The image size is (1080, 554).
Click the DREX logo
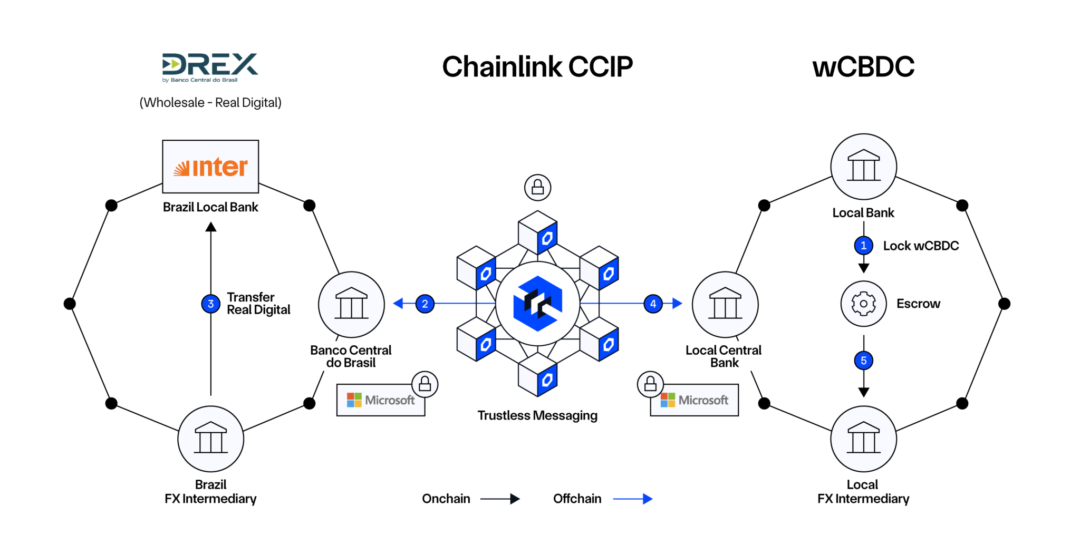pyautogui.click(x=210, y=67)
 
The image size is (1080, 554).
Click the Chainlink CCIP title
pyautogui.click(x=537, y=67)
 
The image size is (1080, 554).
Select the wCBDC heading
pyautogui.click(x=863, y=67)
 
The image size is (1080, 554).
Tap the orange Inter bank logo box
pyautogui.click(x=210, y=167)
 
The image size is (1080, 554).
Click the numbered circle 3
pyautogui.click(x=210, y=304)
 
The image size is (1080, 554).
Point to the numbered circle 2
pyautogui.click(x=425, y=304)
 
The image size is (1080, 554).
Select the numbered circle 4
pyautogui.click(x=653, y=304)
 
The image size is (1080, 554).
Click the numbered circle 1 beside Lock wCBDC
pyautogui.click(x=863, y=246)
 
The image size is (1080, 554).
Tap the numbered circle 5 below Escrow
pyautogui.click(x=863, y=361)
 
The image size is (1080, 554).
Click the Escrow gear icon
pyautogui.click(x=863, y=304)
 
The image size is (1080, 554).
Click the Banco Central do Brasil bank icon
pyautogui.click(x=351, y=304)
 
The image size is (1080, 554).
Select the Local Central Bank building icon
pyautogui.click(x=725, y=304)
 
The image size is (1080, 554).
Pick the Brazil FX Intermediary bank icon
pyautogui.click(x=210, y=439)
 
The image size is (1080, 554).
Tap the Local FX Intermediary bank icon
pyautogui.click(x=863, y=439)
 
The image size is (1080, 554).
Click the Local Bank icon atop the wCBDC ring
pyautogui.click(x=863, y=166)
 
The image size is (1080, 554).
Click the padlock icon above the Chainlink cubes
pyautogui.click(x=537, y=187)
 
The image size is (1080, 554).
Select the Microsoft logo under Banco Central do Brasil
pyautogui.click(x=381, y=400)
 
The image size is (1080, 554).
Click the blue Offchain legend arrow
pyautogui.click(x=632, y=499)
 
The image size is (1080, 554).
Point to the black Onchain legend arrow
pyautogui.click(x=499, y=499)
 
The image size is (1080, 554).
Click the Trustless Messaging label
pyautogui.click(x=537, y=415)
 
